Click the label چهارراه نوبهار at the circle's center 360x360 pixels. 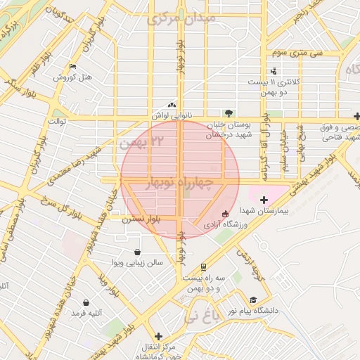179,183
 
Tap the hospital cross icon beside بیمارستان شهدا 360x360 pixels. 264,200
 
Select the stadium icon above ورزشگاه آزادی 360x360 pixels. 225,214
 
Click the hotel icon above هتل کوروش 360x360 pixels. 72,67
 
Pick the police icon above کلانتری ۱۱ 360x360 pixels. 274,71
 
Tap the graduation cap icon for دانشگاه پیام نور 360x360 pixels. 253,300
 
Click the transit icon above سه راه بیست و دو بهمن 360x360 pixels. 203,267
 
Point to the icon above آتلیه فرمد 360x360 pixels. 86,302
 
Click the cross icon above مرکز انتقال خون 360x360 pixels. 158,337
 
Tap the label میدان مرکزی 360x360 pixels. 176,18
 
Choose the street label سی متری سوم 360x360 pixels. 296,53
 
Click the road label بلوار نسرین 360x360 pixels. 141,219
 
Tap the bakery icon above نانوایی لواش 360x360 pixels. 172,105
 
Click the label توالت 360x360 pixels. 56,122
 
